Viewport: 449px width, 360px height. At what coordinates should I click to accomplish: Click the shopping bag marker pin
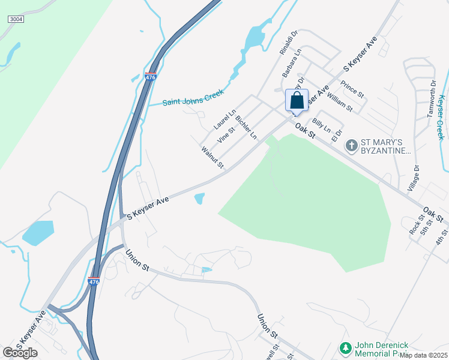click(297, 101)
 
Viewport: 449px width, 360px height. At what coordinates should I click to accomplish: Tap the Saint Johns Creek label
click(193, 98)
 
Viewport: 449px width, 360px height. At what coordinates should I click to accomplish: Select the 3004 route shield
click(16, 20)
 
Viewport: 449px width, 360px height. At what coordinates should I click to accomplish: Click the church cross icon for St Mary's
click(351, 145)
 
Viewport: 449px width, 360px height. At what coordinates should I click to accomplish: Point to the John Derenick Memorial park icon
click(345, 348)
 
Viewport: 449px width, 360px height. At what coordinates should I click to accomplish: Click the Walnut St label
click(212, 157)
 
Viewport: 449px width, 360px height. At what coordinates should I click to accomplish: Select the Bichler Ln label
click(246, 127)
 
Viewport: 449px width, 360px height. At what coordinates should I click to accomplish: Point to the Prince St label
click(352, 89)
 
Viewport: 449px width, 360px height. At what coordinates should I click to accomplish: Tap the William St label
click(340, 101)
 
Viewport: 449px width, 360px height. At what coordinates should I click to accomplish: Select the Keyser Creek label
click(442, 118)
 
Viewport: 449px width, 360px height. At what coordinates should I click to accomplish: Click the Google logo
click(20, 353)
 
